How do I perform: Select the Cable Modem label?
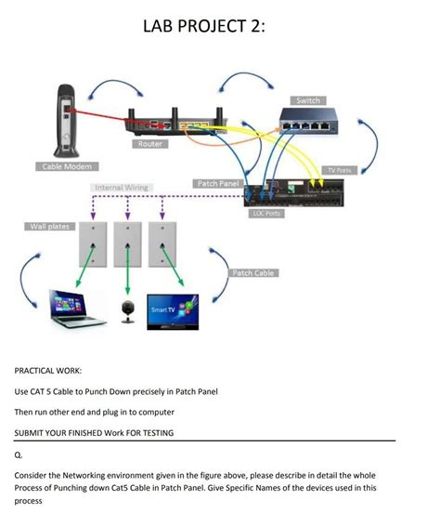pos(64,166)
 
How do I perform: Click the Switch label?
pos(307,100)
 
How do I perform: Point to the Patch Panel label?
pos(217,184)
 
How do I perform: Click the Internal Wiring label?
pos(122,188)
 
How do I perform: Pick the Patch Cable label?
pos(252,272)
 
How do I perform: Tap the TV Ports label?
pos(341,169)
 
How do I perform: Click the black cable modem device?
pos(64,121)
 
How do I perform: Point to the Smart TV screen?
pos(173,309)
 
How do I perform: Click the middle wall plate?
pos(128,244)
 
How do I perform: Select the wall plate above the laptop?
pos(93,244)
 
